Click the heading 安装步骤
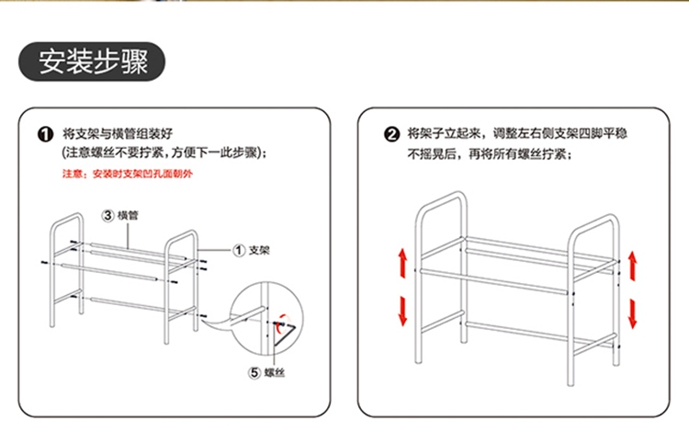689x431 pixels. point(93,62)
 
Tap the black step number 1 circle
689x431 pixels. point(45,134)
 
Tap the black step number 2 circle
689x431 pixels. point(392,134)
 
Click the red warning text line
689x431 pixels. point(128,174)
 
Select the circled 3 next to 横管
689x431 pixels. point(108,215)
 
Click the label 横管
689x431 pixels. point(128,215)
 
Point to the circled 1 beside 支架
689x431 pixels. point(239,251)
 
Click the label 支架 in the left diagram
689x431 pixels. point(259,251)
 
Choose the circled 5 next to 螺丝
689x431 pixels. point(254,373)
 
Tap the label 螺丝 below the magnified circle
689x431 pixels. point(275,373)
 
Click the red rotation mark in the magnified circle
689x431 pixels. point(283,321)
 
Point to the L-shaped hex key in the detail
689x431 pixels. point(282,336)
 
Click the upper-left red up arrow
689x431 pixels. point(403,263)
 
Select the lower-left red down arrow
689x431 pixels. point(403,311)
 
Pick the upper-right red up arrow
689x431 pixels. point(632,266)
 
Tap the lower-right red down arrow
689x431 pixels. point(632,313)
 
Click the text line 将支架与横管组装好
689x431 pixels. point(118,133)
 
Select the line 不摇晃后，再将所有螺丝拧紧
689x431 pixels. point(490,154)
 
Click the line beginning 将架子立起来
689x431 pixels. point(517,133)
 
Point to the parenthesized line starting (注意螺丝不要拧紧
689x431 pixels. point(164,153)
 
